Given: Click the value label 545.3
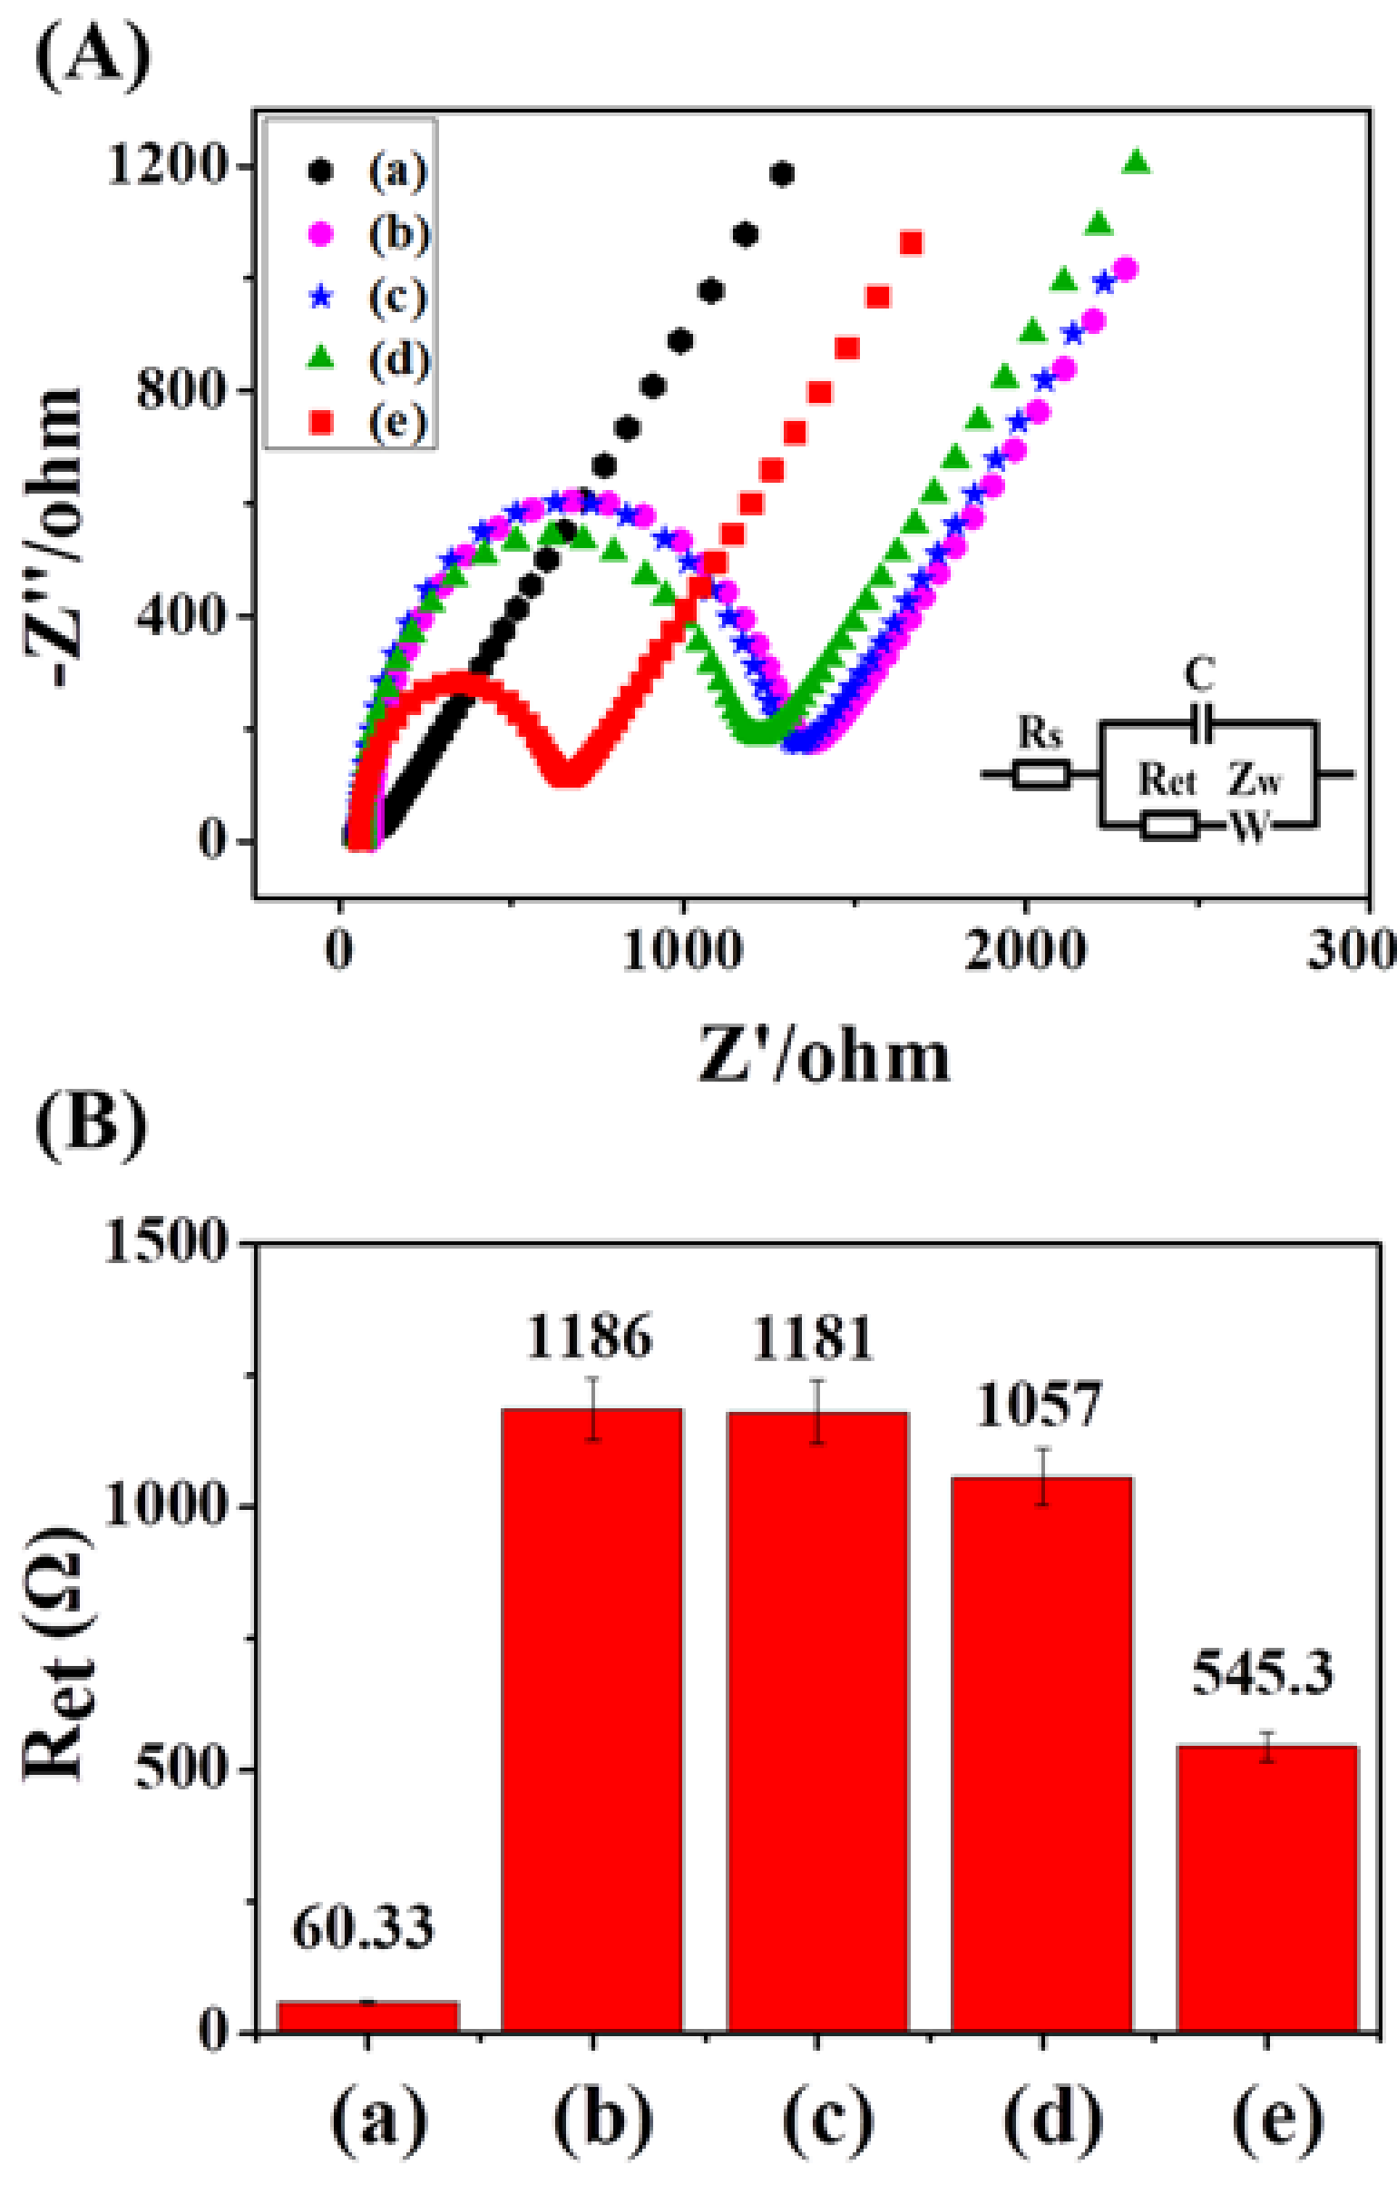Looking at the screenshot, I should tap(1263, 1675).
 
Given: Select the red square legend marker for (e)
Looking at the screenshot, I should tap(320, 422).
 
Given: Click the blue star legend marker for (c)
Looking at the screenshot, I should tap(320, 297).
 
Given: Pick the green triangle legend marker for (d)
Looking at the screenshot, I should tap(320, 359).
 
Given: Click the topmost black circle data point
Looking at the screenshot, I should tap(781, 173).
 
